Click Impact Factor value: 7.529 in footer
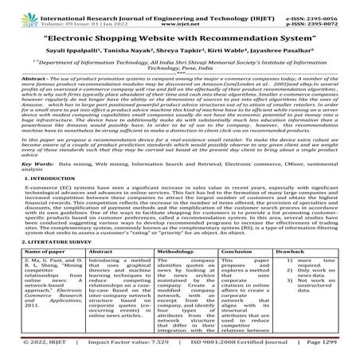pos(117,351)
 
